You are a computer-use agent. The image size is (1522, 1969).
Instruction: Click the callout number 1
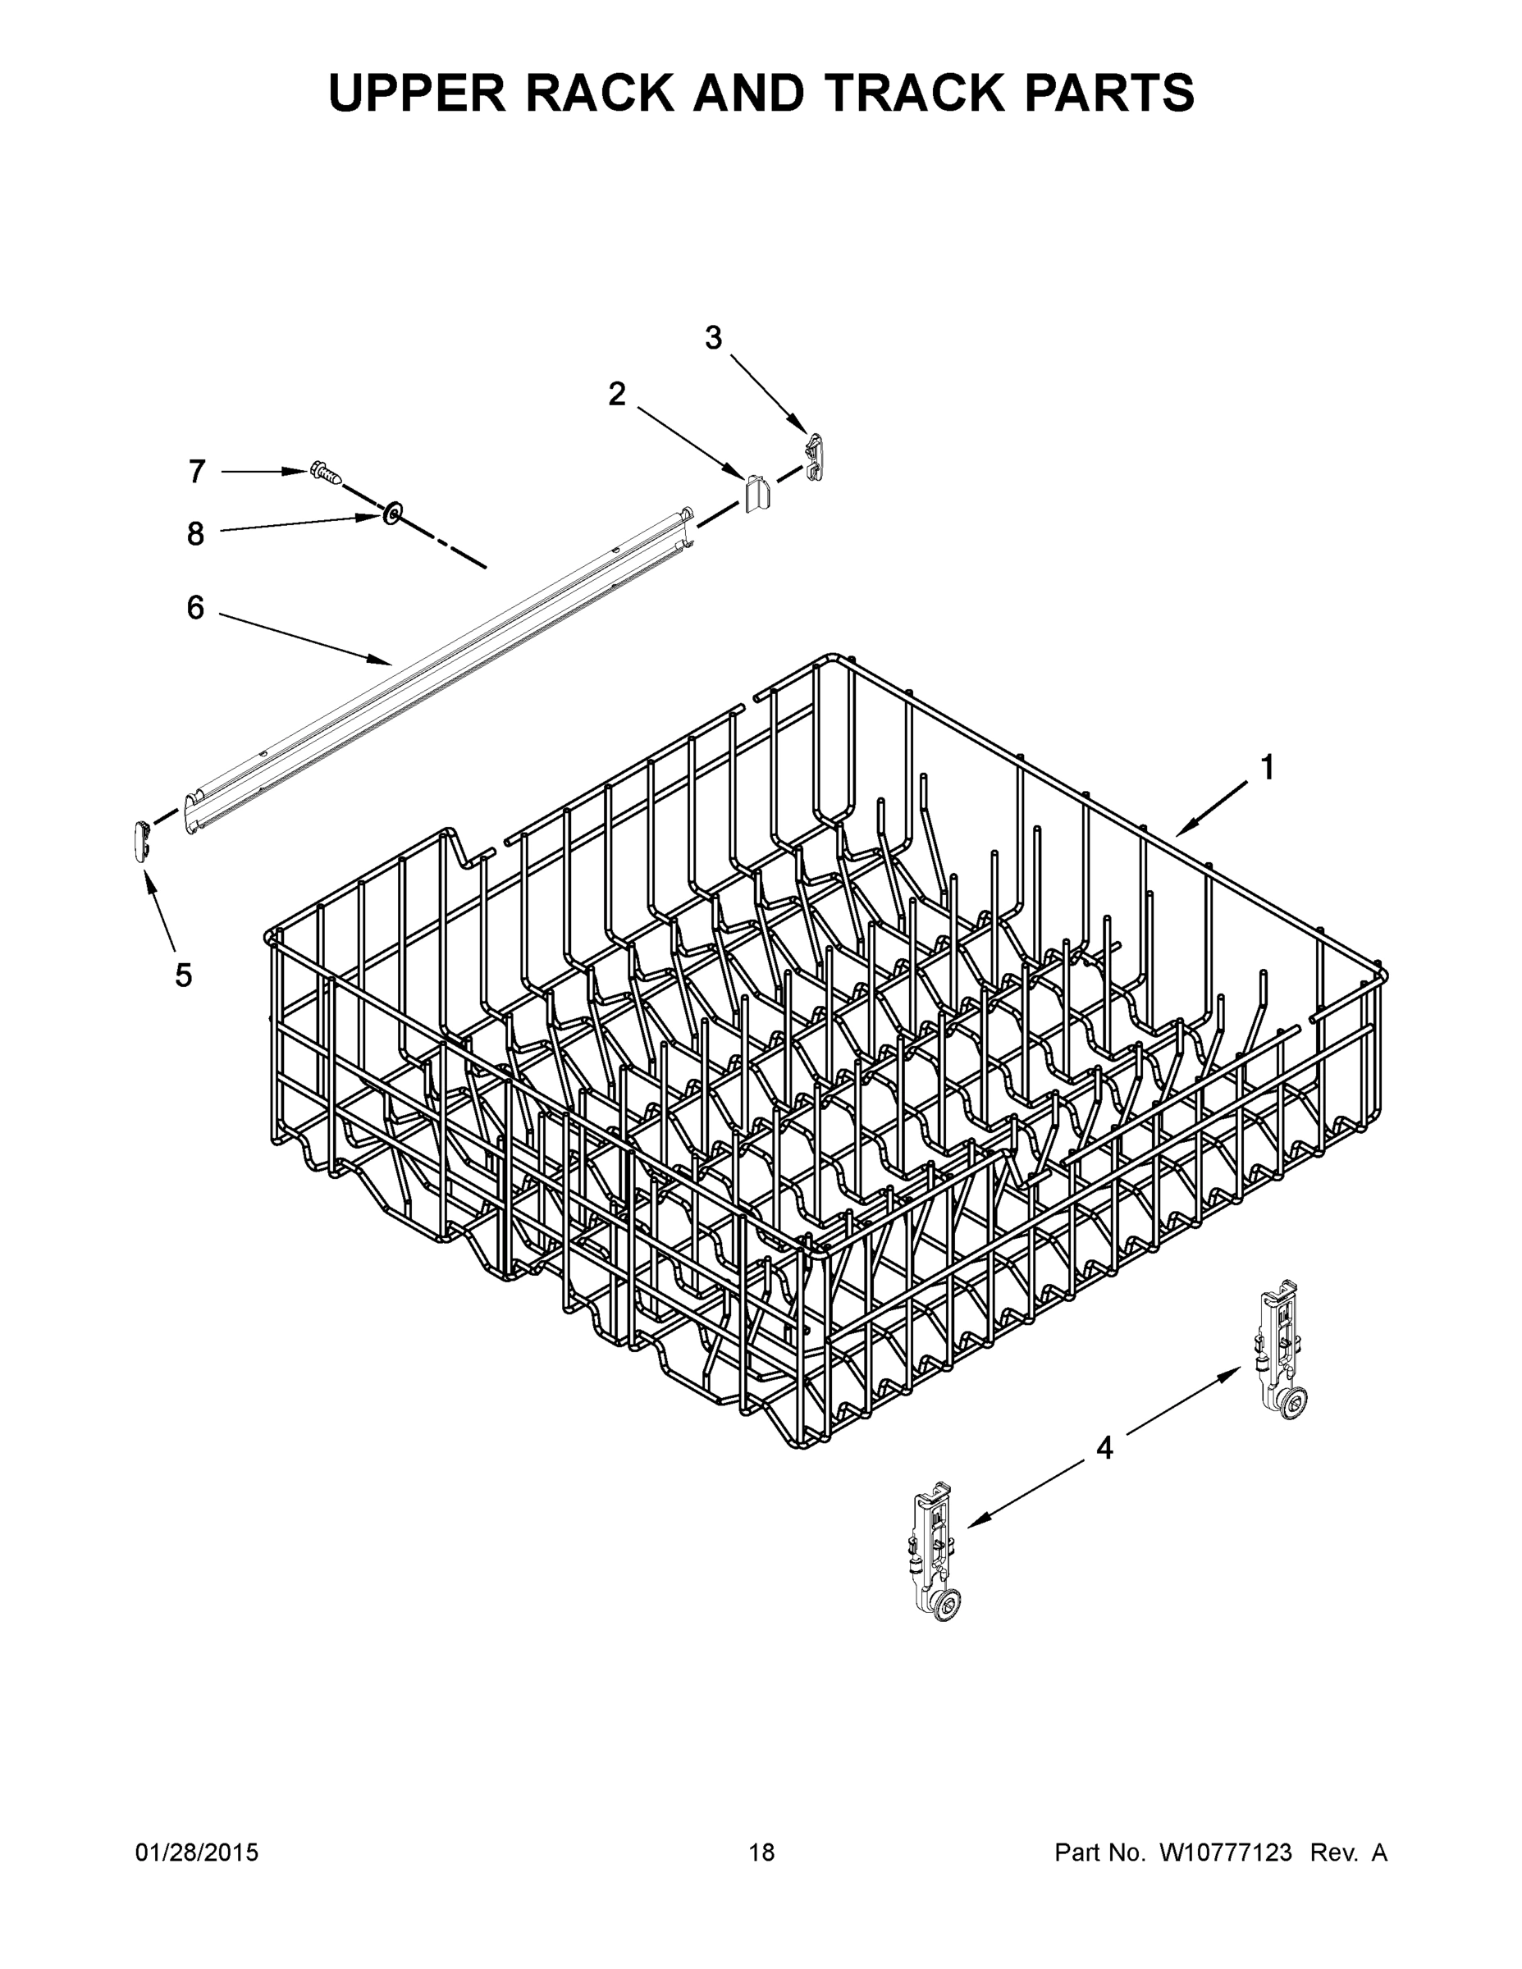pos(1267,768)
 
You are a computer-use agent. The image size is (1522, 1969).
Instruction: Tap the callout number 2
pos(617,394)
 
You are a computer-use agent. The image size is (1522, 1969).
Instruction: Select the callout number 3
pos(713,339)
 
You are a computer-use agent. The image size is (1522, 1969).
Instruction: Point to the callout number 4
pos(1104,1449)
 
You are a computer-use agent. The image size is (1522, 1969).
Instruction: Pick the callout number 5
pos(183,975)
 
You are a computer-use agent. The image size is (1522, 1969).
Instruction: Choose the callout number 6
pos(195,608)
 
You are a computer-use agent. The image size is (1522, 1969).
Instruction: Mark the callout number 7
pos(198,472)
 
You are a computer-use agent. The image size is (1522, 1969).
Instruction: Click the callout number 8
pos(195,534)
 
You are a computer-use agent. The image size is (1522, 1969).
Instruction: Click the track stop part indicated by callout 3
pos(815,455)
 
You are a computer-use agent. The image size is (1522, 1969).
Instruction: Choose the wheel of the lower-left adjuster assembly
pos(946,1602)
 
